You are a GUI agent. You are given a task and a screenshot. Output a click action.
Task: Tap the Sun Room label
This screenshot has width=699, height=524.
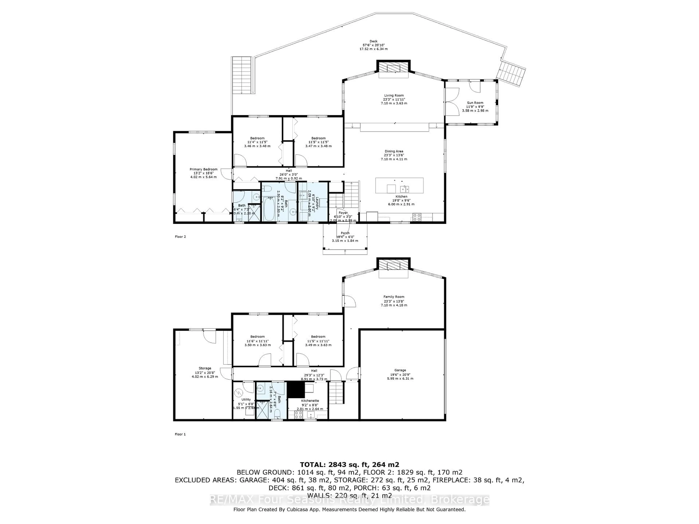coord(475,103)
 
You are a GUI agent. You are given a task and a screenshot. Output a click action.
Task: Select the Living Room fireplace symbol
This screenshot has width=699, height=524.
coord(393,68)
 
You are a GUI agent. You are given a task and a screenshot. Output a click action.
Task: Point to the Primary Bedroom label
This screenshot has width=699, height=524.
coord(204,169)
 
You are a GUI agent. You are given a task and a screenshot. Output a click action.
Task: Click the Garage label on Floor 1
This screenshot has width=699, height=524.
coord(400,370)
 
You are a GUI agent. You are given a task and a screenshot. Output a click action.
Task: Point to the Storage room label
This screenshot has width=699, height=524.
coord(205,368)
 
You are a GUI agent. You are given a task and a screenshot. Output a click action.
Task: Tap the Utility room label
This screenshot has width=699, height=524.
coord(246,400)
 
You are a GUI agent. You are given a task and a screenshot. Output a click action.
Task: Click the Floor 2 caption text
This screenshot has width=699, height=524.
coord(180,237)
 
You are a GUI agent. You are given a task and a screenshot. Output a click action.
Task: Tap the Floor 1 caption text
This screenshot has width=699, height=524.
coord(180,434)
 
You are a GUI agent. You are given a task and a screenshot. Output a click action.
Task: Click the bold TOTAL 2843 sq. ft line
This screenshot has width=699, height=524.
coord(349,465)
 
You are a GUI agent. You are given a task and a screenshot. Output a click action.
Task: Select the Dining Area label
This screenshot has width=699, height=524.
coord(394,151)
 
